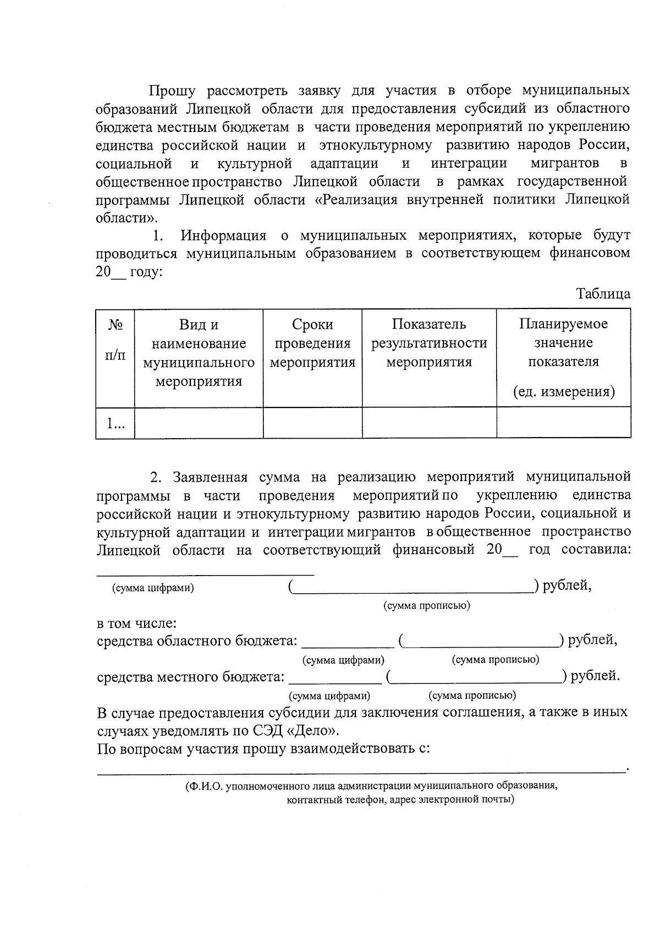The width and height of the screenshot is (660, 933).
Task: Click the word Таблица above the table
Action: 603,294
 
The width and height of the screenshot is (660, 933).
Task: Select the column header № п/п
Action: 115,340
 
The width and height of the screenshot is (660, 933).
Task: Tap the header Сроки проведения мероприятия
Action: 312,343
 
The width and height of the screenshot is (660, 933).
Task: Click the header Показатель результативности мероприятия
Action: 429,343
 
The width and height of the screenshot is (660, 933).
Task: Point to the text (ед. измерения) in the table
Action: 563,391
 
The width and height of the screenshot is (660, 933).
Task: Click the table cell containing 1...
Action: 115,423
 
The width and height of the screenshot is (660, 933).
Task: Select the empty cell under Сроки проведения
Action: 312,423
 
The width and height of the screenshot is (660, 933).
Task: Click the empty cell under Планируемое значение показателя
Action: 563,423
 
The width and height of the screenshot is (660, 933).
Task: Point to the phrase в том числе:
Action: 136,623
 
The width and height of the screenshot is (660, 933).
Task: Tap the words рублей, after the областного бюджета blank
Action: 592,640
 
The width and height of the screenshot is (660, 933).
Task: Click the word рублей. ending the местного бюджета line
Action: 595,676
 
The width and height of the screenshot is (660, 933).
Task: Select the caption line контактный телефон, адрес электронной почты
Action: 400,799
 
